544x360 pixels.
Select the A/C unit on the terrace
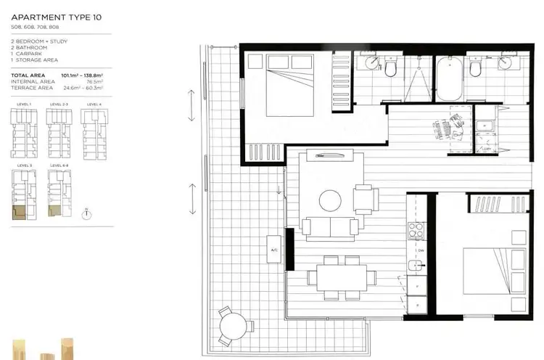[x=274, y=250]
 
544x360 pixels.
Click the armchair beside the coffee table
[x=365, y=198]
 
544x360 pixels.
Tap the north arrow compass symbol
[x=86, y=213]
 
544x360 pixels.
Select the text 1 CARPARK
[x=25, y=58]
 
